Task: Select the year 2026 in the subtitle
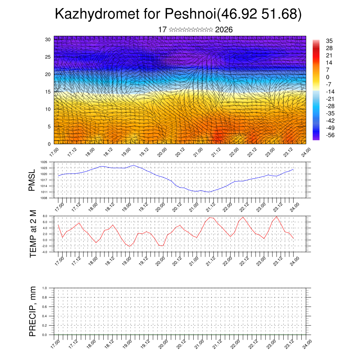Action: click(224, 30)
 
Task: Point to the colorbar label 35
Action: click(329, 41)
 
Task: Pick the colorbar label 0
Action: click(328, 77)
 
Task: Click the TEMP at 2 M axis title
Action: click(33, 233)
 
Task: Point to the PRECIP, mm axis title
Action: click(33, 311)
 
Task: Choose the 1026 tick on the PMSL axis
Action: click(44, 162)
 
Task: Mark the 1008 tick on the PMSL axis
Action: click(44, 198)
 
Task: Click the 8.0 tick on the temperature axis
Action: click(45, 216)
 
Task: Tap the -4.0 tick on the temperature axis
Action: click(45, 252)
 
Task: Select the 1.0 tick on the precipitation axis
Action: click(44, 288)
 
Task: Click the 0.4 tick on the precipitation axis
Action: click(44, 316)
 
